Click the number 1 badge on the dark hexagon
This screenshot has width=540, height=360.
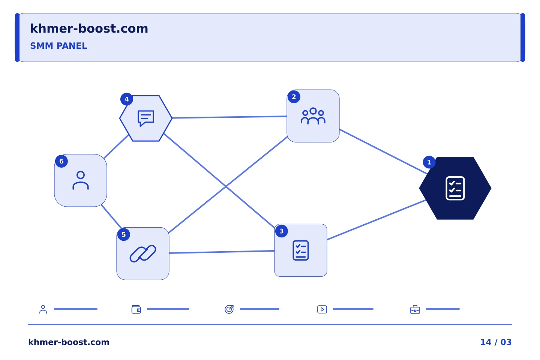pyautogui.click(x=429, y=162)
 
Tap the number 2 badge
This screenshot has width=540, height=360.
pyautogui.click(x=294, y=97)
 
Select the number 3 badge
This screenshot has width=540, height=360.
pyautogui.click(x=281, y=231)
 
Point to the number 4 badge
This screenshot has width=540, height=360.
pyautogui.click(x=127, y=99)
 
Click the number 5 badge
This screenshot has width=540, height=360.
pyautogui.click(x=124, y=234)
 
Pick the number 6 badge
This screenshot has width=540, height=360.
pyautogui.click(x=61, y=161)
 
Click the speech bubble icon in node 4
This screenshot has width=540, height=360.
pyautogui.click(x=146, y=118)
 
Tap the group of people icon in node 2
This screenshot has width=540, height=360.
pyautogui.click(x=313, y=116)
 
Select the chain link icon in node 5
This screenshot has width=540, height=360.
pyautogui.click(x=143, y=253)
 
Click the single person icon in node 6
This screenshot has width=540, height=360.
pyautogui.click(x=81, y=180)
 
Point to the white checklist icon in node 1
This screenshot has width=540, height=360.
pyautogui.click(x=455, y=188)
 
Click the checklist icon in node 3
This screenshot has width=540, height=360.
pyautogui.click(x=301, y=250)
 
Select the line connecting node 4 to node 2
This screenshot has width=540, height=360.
pyautogui.click(x=229, y=117)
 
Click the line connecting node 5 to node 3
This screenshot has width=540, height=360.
pyautogui.click(x=222, y=252)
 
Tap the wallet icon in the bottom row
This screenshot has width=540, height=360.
pyautogui.click(x=136, y=309)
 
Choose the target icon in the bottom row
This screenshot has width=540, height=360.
pyautogui.click(x=229, y=309)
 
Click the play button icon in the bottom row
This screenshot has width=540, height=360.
pyautogui.click(x=322, y=309)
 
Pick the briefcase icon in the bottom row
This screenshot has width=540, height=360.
pyautogui.click(x=415, y=310)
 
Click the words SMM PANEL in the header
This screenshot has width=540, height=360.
pyautogui.click(x=58, y=46)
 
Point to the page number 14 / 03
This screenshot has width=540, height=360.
pyautogui.click(x=496, y=342)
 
